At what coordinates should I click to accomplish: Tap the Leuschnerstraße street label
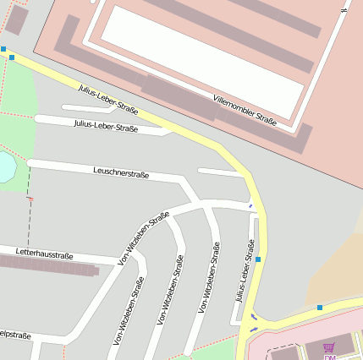[121, 173]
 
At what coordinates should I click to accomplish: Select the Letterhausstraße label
[45, 254]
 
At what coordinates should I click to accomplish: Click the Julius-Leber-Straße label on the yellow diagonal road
[107, 99]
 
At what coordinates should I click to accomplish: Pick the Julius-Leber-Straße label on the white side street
[106, 127]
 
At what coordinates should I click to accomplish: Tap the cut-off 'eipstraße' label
[15, 335]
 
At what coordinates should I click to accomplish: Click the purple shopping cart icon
[329, 346]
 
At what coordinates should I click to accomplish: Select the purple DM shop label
[329, 357]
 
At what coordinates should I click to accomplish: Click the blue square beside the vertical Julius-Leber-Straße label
[258, 259]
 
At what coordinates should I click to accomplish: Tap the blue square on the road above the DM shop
[320, 308]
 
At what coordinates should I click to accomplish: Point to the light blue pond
[5, 166]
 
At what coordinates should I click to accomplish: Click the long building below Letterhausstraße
[51, 267]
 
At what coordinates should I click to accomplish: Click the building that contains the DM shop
[305, 342]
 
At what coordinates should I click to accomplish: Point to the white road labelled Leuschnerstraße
[169, 178]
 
